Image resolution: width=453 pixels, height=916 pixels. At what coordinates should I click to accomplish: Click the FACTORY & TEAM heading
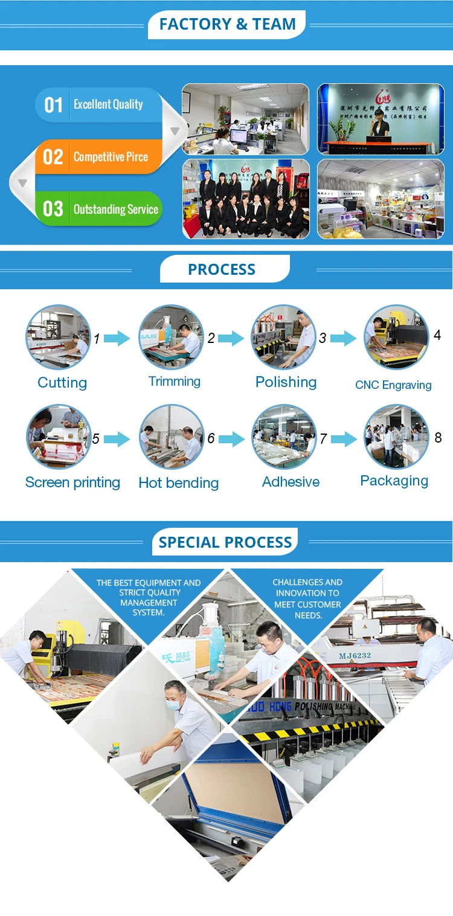227,24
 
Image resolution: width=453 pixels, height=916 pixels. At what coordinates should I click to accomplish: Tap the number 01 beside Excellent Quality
53,105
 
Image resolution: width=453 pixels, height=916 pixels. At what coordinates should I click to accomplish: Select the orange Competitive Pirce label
111,157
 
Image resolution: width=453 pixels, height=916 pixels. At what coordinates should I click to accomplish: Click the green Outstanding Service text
115,210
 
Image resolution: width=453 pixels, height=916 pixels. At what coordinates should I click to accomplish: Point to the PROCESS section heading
222,269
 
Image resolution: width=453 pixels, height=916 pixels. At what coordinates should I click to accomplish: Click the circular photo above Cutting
58,337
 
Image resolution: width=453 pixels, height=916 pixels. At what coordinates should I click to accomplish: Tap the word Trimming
175,381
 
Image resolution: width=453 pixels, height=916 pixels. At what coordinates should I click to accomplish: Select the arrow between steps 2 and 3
231,338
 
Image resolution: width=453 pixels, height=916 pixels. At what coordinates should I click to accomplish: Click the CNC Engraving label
393,385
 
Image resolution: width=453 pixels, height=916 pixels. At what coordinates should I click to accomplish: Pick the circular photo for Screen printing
58,438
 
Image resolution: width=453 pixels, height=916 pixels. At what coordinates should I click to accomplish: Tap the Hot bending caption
178,483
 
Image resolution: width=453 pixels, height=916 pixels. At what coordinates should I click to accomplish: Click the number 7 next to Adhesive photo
323,439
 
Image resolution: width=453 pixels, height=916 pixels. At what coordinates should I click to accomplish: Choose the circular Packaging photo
396,437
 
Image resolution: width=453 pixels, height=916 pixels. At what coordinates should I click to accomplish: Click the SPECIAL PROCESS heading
225,542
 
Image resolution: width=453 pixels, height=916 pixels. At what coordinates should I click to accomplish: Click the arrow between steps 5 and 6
117,439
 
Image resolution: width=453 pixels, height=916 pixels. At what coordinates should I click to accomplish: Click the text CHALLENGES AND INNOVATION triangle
307,598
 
